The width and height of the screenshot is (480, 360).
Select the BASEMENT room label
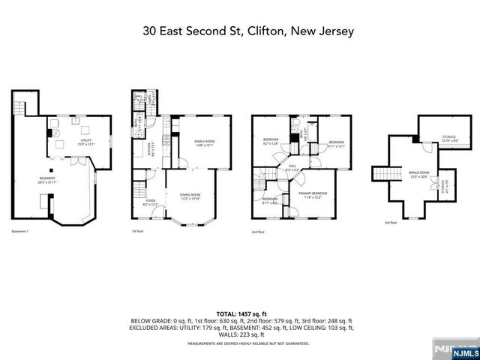coord(47,179)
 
